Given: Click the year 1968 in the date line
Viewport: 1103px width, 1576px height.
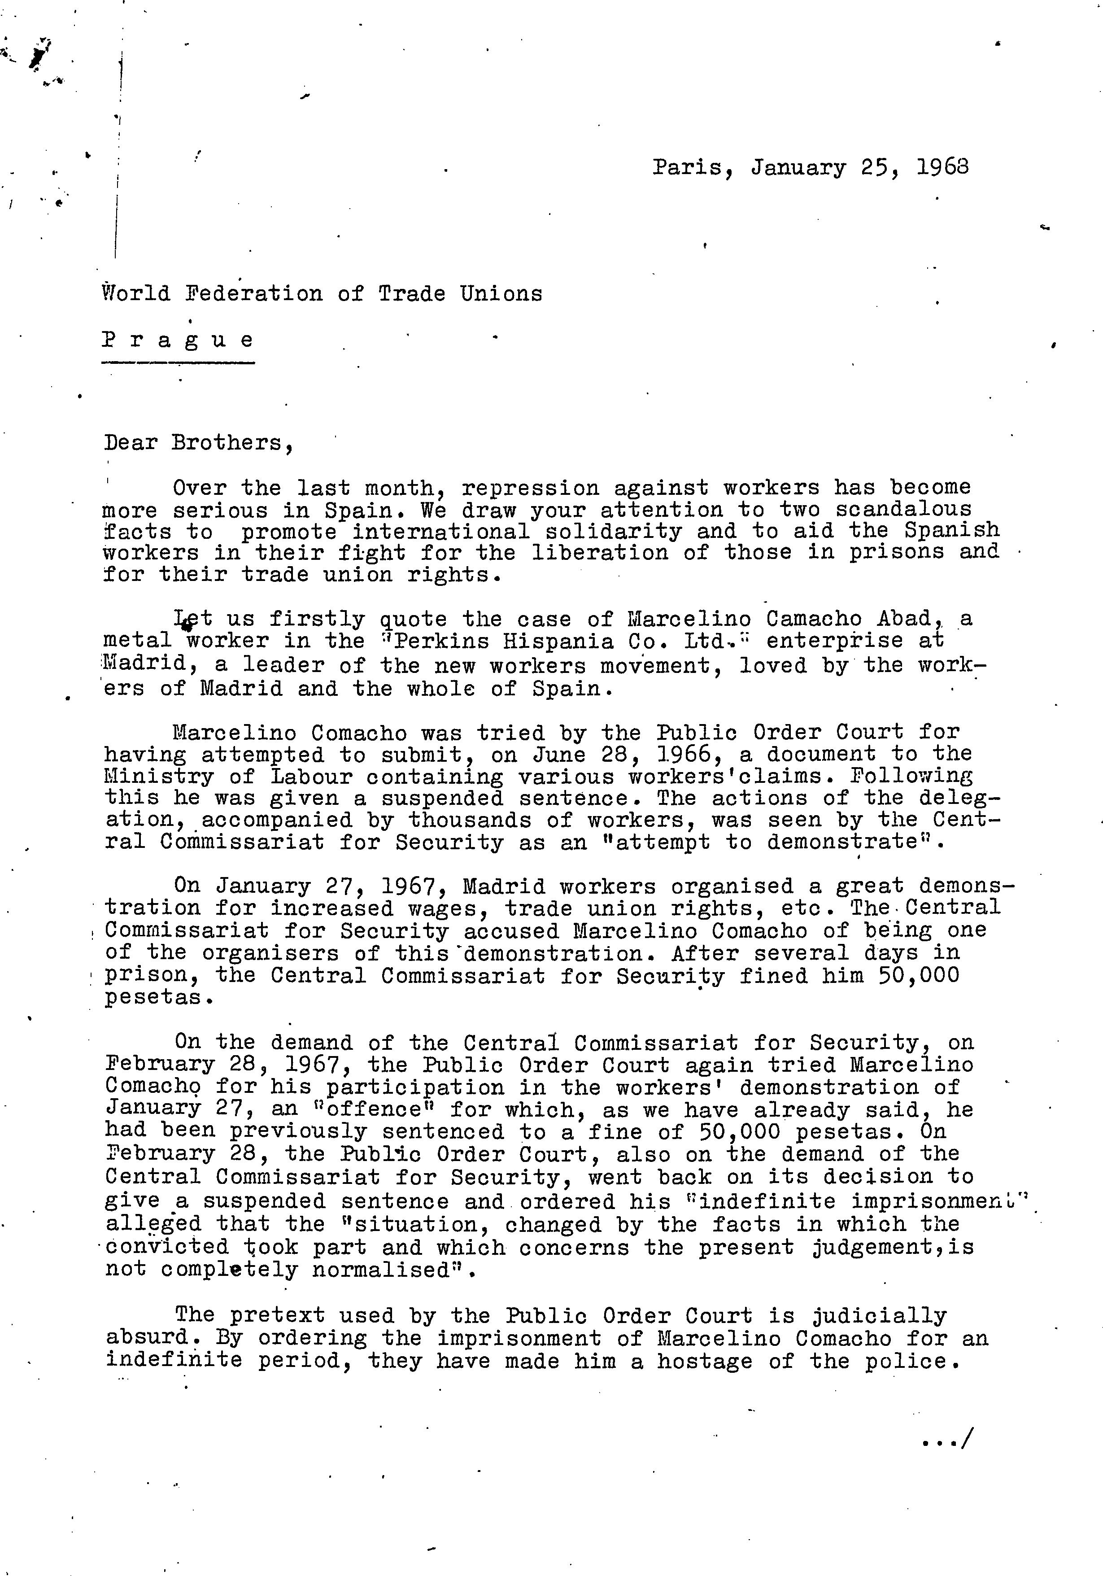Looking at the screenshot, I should click(942, 167).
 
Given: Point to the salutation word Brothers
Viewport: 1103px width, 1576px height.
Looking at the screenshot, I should click(227, 443).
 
